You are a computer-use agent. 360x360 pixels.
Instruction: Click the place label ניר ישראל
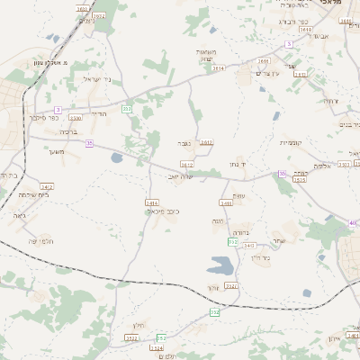click(x=96, y=79)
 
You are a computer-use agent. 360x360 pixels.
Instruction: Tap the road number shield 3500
click(x=75, y=117)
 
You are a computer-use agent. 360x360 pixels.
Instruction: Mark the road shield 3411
click(x=208, y=142)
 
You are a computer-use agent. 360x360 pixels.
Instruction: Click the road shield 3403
click(x=249, y=245)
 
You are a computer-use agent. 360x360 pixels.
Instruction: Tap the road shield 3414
click(x=152, y=202)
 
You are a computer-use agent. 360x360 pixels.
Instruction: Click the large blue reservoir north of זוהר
click(x=220, y=265)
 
